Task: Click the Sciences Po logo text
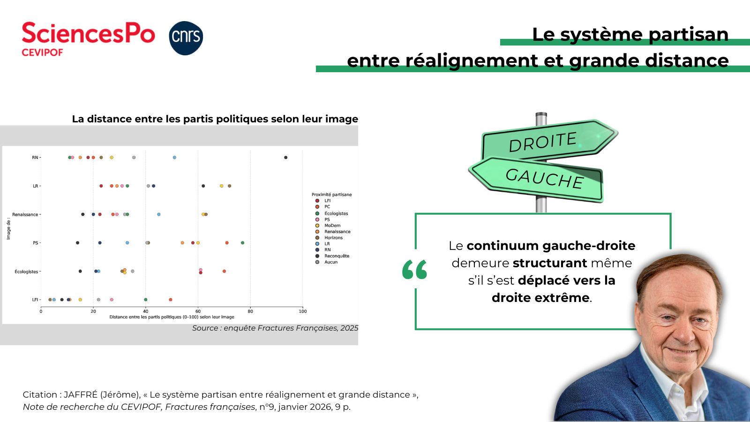pos(89,33)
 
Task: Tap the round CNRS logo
pos(186,38)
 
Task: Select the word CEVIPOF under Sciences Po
pos(42,53)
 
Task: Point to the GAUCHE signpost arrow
pos(536,179)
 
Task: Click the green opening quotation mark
pos(414,269)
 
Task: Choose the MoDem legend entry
pos(328,226)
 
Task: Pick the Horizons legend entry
pos(329,238)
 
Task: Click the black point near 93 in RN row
pos(285,158)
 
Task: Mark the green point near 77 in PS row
pos(243,243)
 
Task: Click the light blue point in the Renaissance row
pos(159,214)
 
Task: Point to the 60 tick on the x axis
pos(198,311)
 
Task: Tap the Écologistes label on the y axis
pos(26,271)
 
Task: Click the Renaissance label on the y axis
pos(25,214)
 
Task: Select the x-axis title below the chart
pos(172,317)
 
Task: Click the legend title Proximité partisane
pos(332,195)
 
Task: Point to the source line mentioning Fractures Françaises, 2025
pos(275,328)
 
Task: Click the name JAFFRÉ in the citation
pos(80,394)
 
